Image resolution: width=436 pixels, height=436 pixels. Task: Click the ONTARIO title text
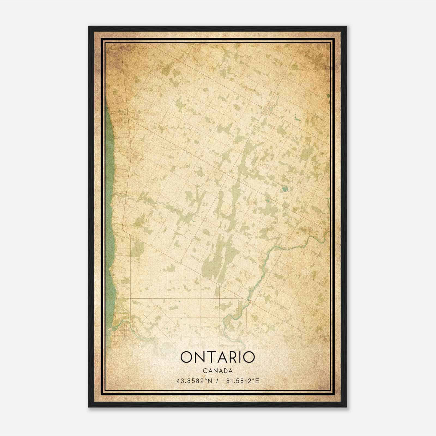(217, 357)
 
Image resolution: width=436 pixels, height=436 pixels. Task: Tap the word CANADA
(217, 371)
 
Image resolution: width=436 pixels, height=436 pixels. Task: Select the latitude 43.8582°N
(194, 381)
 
